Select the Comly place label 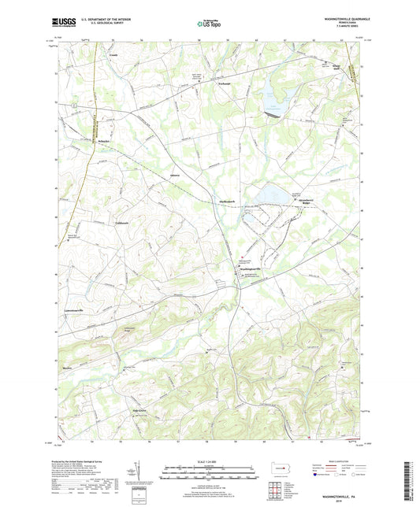pyautogui.click(x=113, y=57)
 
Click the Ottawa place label pyautogui.click(x=175, y=175)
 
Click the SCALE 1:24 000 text pyautogui.click(x=209, y=461)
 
